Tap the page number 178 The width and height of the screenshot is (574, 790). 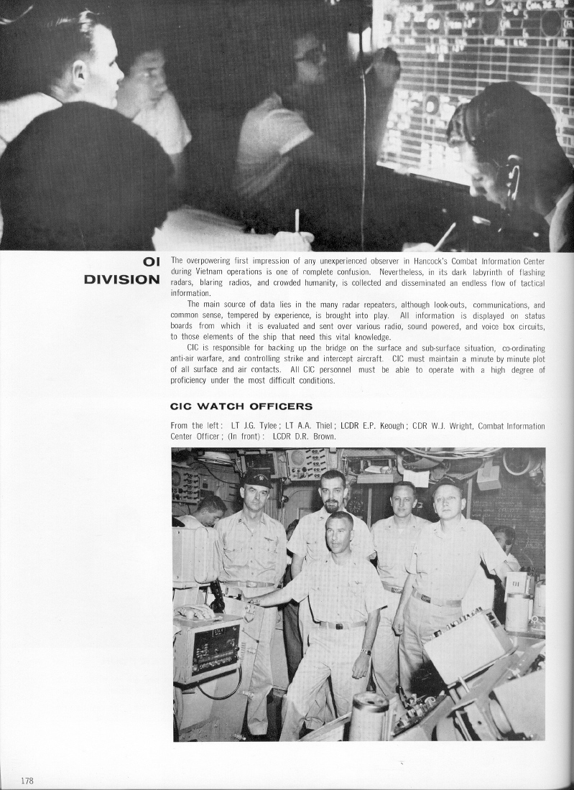28,780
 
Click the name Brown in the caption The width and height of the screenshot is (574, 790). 323,436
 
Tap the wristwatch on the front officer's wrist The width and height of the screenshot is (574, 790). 366,652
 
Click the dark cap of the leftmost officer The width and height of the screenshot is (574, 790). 256,479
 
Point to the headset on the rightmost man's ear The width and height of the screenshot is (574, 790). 512,176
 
